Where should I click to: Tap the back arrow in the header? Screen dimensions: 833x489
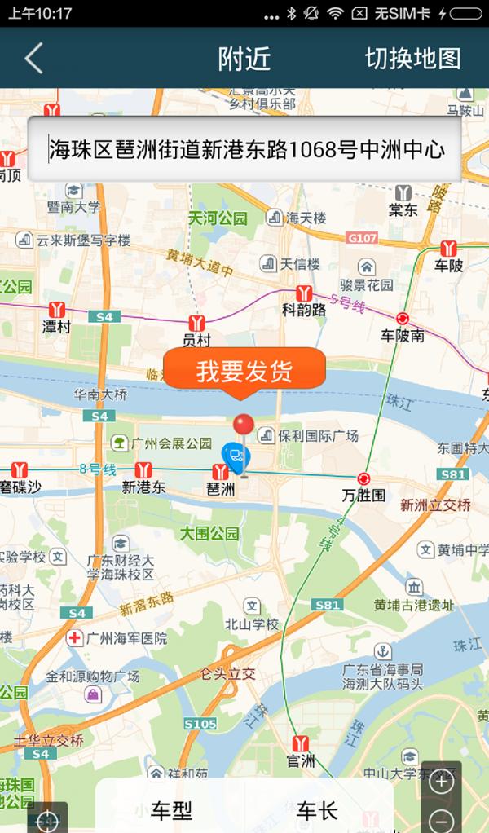(33, 59)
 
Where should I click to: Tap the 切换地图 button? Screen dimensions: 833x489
(412, 59)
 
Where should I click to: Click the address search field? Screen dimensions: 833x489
(244, 149)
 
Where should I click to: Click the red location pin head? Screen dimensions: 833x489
(243, 424)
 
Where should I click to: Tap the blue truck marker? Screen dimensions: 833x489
(236, 457)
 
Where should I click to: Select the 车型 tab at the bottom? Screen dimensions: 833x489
(171, 810)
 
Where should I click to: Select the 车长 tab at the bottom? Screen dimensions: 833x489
(317, 810)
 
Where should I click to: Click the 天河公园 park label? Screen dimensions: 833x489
(217, 218)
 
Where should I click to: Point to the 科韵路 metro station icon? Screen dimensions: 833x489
(305, 293)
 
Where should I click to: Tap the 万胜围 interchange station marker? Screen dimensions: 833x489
(363, 478)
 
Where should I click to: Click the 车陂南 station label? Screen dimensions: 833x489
(403, 336)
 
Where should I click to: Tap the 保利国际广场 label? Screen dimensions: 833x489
(318, 435)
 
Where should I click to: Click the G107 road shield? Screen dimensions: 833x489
(361, 238)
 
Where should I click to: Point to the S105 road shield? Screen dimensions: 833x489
(200, 723)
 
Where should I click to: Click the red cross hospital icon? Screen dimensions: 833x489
(75, 637)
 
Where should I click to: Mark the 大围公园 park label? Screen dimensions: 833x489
(209, 534)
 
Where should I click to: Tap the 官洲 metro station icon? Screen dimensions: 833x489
(302, 743)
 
